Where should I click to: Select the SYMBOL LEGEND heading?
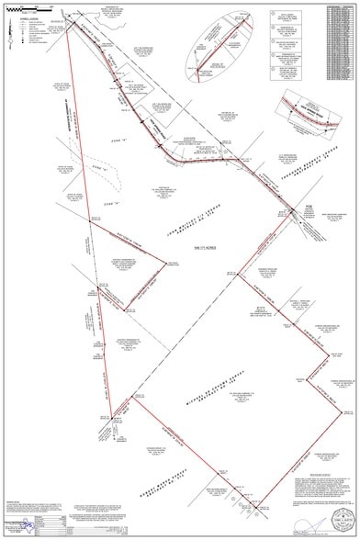tap(16, 17)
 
